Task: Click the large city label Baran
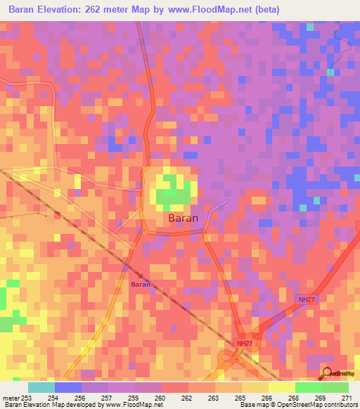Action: point(184,219)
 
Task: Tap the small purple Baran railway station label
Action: point(141,285)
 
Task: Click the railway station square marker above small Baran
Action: point(141,275)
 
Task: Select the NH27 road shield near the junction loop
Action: point(242,343)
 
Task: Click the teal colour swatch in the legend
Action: point(41,387)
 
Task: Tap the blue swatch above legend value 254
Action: point(68,387)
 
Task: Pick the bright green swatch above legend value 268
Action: point(308,387)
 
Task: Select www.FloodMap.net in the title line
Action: point(213,10)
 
